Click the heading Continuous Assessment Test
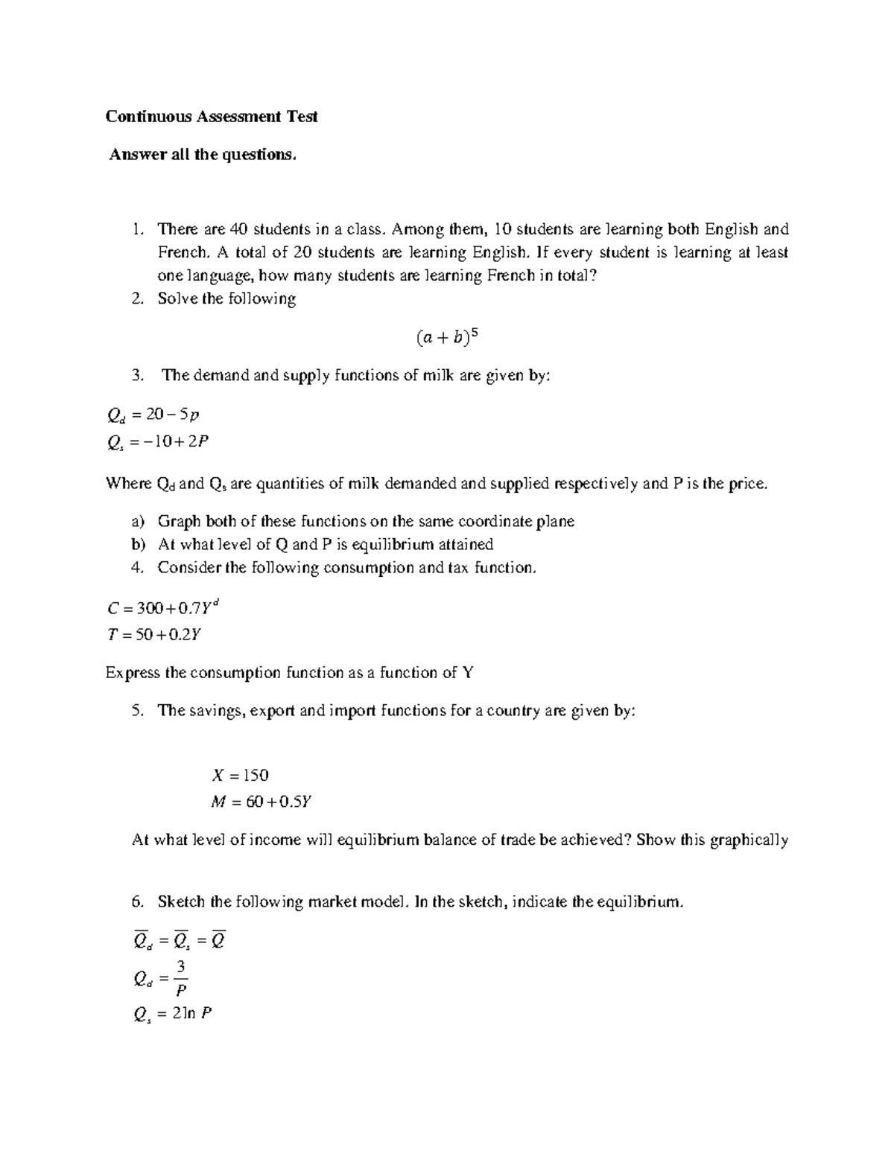click(212, 117)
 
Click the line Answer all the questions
click(203, 155)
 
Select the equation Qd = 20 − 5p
click(154, 415)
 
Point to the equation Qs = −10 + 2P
click(158, 442)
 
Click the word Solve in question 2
click(177, 299)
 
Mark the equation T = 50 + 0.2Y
click(155, 635)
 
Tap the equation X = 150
click(240, 776)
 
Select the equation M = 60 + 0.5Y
click(261, 802)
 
